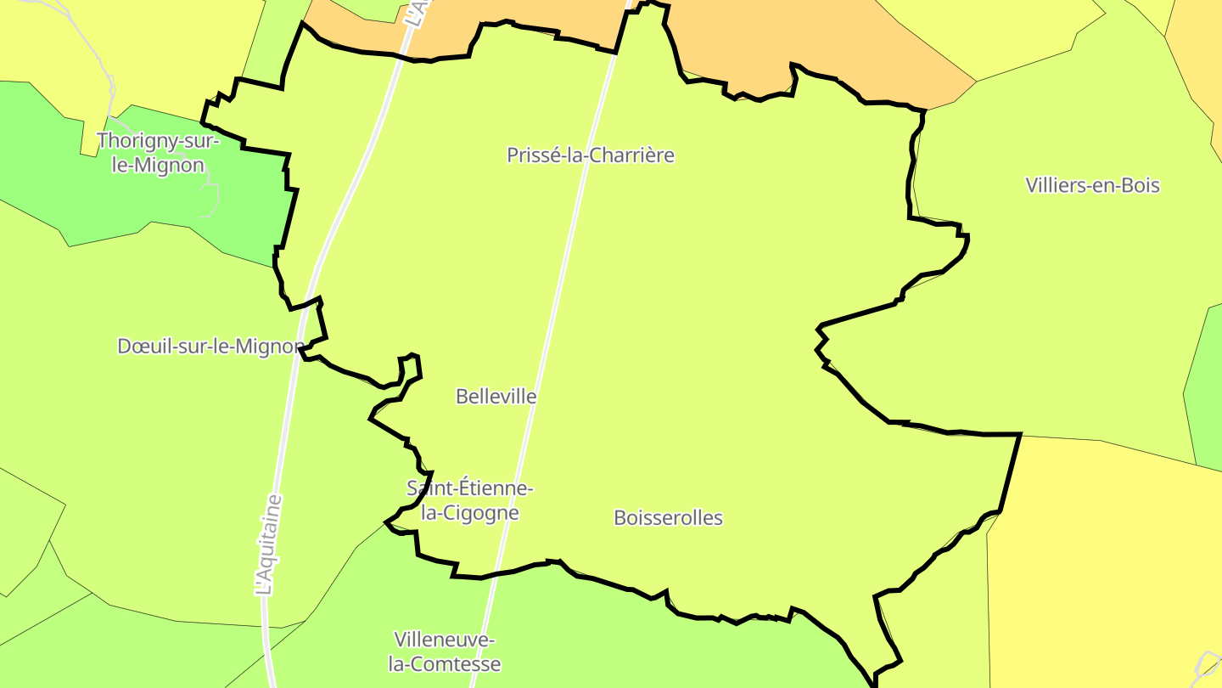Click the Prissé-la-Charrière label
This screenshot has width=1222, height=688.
tap(591, 155)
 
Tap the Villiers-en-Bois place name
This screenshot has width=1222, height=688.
tap(1092, 185)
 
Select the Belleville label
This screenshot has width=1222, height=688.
tap(496, 397)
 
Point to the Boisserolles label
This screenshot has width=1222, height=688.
tap(669, 518)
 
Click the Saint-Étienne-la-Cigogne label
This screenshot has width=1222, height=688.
tap(470, 500)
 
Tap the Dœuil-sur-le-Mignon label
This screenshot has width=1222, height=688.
tap(210, 347)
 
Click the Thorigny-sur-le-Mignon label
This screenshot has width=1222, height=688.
tap(158, 153)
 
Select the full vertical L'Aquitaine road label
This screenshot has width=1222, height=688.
tap(268, 544)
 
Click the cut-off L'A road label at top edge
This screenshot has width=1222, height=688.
tap(414, 12)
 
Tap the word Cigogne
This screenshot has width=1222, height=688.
tap(479, 513)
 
